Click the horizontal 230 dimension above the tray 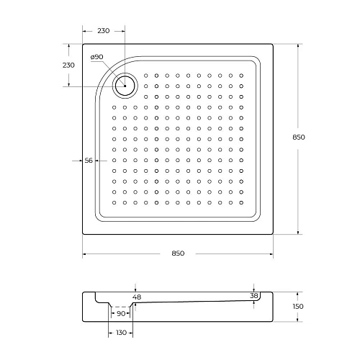(x=103, y=30)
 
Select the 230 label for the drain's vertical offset (x=68, y=65)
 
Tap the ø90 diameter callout (x=97, y=57)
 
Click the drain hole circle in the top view (x=125, y=86)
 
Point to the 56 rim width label (x=89, y=160)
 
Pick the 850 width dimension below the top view (x=178, y=253)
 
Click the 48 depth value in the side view (x=137, y=297)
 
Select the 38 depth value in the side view (x=253, y=295)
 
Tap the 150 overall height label (x=298, y=307)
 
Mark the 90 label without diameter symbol (x=121, y=312)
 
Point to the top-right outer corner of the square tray (x=273, y=44)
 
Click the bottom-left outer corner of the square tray (x=82, y=235)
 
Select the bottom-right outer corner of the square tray (x=273, y=235)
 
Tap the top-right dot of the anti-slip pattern (x=241, y=74)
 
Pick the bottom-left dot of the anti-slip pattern (x=114, y=203)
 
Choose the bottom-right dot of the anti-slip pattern (x=241, y=203)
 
